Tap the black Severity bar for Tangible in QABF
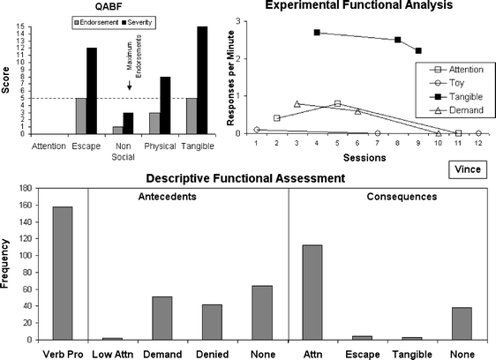pos(202,79)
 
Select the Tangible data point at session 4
pos(316,33)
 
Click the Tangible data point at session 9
pos(417,50)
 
